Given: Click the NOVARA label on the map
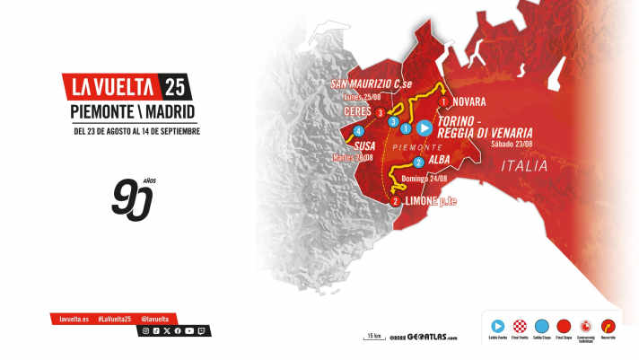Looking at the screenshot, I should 469,101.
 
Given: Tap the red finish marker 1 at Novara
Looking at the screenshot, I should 443,101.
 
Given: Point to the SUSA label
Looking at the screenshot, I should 365,144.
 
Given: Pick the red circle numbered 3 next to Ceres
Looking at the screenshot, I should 381,113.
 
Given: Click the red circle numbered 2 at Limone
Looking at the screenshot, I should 396,202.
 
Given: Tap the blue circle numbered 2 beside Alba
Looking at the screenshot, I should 419,162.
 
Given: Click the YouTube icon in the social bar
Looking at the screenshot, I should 188,331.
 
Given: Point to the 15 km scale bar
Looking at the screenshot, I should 372,337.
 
